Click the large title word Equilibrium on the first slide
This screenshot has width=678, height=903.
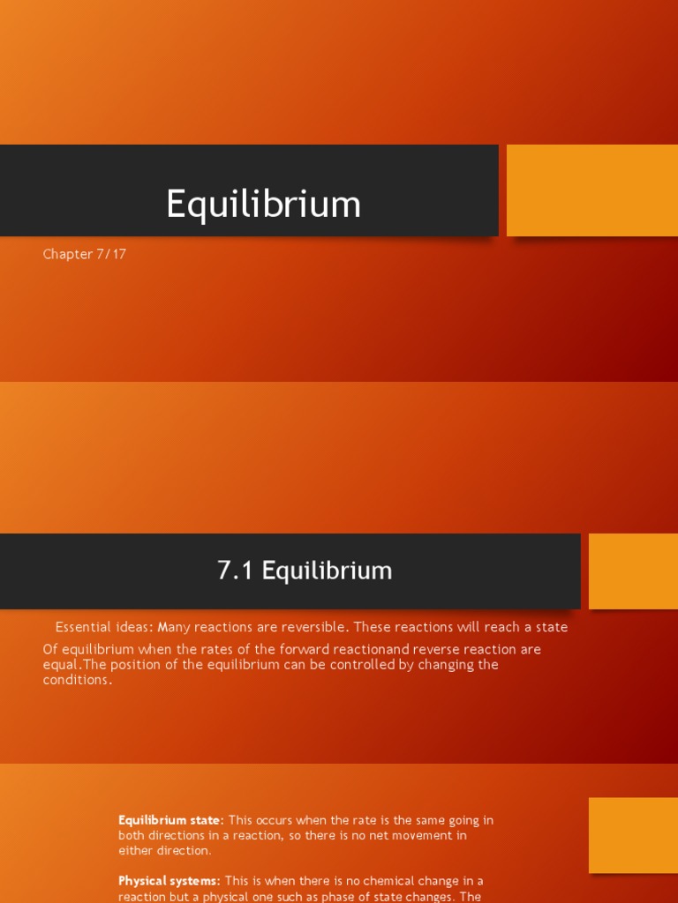(x=263, y=204)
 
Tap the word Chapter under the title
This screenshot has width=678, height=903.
(x=68, y=254)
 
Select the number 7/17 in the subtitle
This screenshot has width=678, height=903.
(x=111, y=254)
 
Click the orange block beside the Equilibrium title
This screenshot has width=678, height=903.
(x=591, y=190)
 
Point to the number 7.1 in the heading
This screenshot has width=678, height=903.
(x=236, y=571)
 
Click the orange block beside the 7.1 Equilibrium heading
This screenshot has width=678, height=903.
(x=633, y=571)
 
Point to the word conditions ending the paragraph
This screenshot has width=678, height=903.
(x=77, y=680)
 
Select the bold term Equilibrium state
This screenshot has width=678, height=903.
(x=170, y=820)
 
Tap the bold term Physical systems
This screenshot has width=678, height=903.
(x=169, y=881)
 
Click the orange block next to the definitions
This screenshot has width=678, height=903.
(x=633, y=836)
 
